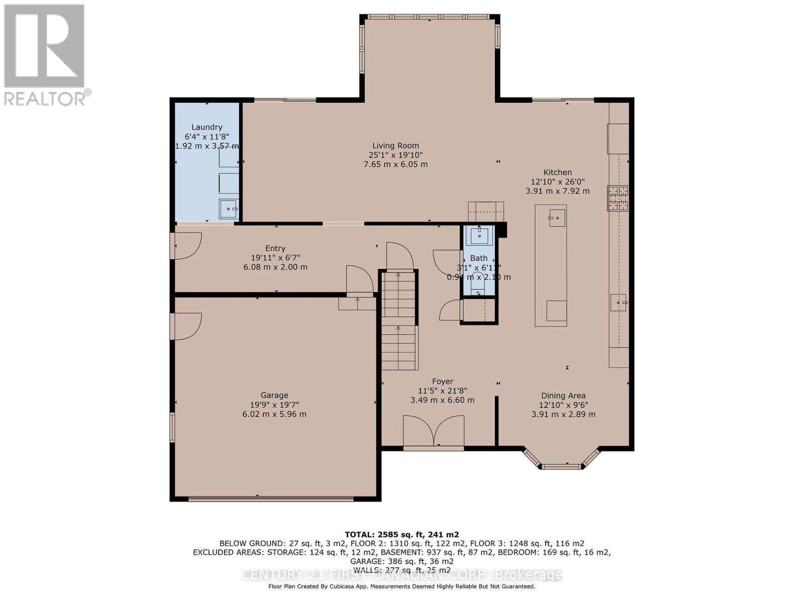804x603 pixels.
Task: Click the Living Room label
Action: (x=395, y=146)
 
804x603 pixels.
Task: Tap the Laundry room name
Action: (x=207, y=127)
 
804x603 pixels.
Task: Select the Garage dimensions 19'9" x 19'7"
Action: (x=274, y=405)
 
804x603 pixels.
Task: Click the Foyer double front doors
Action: (x=434, y=431)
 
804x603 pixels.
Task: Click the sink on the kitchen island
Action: (x=557, y=218)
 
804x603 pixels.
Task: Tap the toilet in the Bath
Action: (x=478, y=286)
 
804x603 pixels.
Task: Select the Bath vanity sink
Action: (x=478, y=235)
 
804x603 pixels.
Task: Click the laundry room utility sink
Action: (x=229, y=209)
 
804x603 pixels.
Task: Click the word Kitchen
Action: (x=557, y=172)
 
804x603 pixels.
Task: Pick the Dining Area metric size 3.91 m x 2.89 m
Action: (x=563, y=415)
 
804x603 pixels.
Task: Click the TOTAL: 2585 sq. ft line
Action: (x=401, y=535)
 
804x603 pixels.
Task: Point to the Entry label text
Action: (x=275, y=248)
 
